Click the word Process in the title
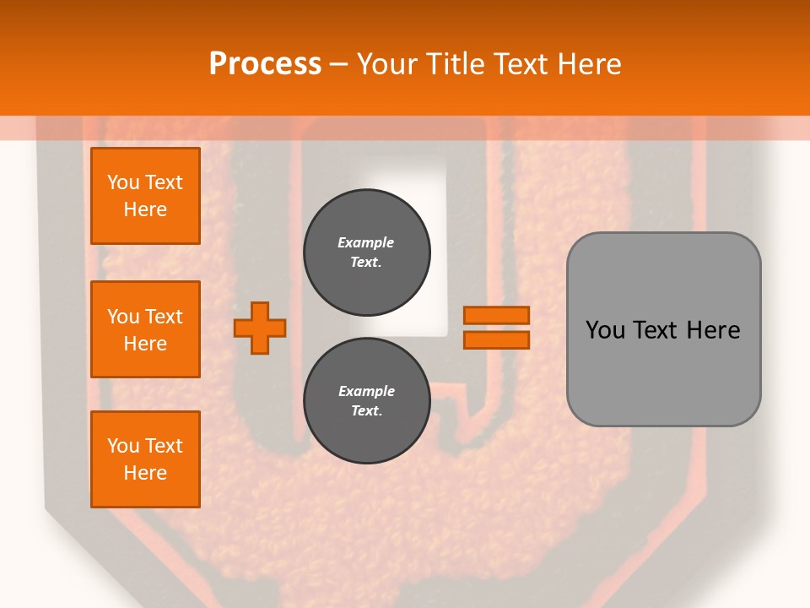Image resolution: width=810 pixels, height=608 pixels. coord(265,64)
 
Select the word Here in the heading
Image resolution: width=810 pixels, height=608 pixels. coord(588,64)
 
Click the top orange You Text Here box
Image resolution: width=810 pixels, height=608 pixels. coord(145,196)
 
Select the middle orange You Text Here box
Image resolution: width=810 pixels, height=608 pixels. coord(145,329)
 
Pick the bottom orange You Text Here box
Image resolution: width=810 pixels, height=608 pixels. coord(145,459)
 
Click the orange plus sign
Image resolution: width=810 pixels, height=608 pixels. coord(260,328)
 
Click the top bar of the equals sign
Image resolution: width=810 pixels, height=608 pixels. coord(496,315)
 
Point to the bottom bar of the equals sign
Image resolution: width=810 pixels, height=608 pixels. coord(496,339)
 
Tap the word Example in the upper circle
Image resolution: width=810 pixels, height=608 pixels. coord(366,242)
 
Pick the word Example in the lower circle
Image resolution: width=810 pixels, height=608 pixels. coord(366,391)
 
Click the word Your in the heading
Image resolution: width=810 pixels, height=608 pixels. coord(386,64)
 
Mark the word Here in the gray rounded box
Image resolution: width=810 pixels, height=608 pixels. coord(713,330)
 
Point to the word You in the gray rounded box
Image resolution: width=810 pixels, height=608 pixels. coord(605,330)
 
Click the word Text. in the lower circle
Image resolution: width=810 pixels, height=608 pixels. coord(366,411)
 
